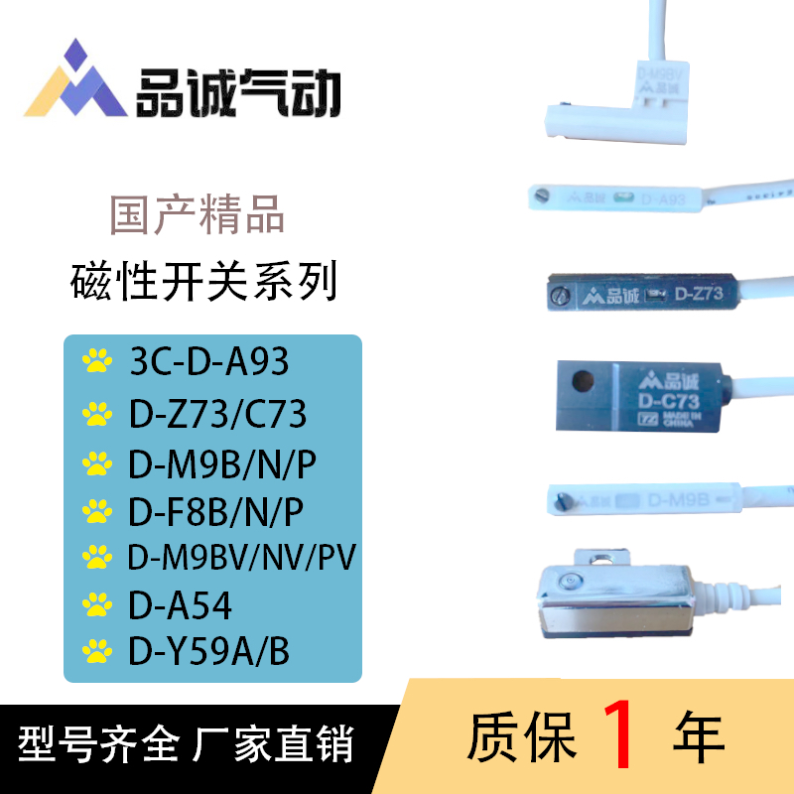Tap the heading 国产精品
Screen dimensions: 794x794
click(x=198, y=215)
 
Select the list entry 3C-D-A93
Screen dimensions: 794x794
click(x=209, y=361)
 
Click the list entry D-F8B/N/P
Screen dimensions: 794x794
click(x=215, y=511)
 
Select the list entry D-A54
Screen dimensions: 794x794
click(x=180, y=602)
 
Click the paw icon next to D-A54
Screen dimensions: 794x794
click(x=97, y=602)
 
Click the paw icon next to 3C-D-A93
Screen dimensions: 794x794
click(x=97, y=361)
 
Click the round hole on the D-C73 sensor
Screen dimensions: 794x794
click(x=587, y=380)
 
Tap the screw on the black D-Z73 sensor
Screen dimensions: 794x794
click(x=559, y=295)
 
